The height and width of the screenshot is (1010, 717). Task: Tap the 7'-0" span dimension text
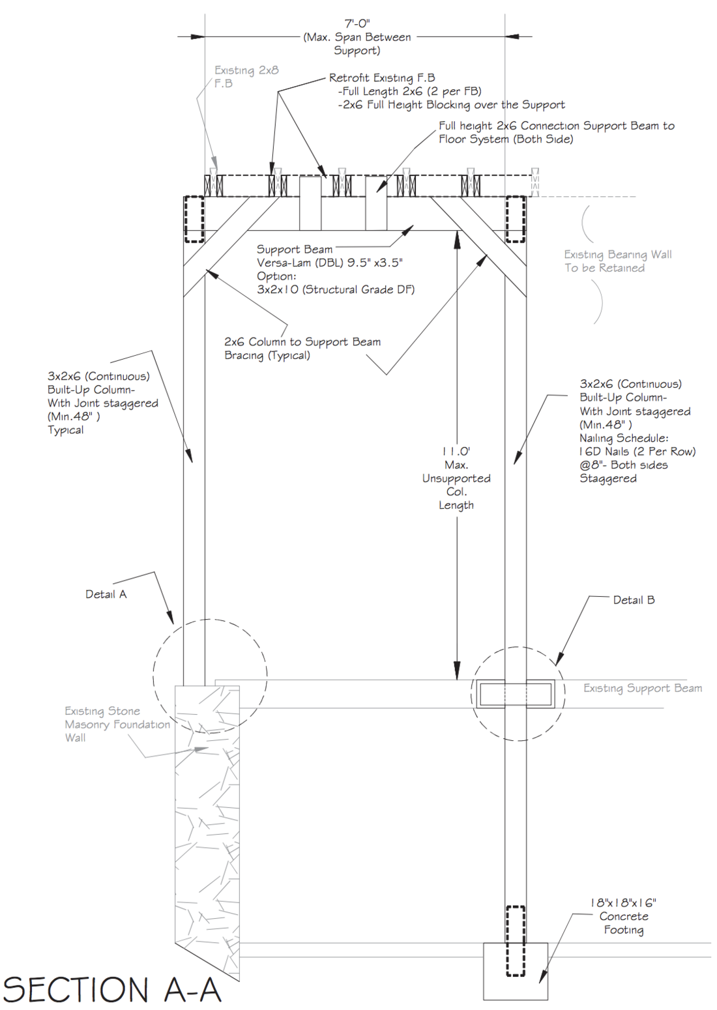pyautogui.click(x=357, y=23)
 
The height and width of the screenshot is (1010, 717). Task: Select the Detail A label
pyautogui.click(x=106, y=594)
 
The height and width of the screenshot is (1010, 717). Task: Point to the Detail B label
pyautogui.click(x=634, y=599)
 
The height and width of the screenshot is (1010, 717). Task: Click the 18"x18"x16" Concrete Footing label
pyautogui.click(x=623, y=916)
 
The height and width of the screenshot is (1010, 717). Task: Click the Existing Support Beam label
pyautogui.click(x=642, y=688)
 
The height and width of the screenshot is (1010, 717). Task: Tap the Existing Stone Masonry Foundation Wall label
pyautogui.click(x=117, y=724)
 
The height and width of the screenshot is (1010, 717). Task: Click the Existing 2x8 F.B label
pyautogui.click(x=246, y=76)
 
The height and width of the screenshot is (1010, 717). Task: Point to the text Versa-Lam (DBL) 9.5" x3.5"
pyautogui.click(x=329, y=263)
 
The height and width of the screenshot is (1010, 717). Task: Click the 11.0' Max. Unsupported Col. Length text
pyautogui.click(x=456, y=478)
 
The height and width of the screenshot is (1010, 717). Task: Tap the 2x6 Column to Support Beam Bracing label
pyautogui.click(x=302, y=348)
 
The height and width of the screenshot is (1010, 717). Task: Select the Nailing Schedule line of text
pyautogui.click(x=624, y=438)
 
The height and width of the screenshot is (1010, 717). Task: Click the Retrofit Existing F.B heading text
pyautogui.click(x=381, y=78)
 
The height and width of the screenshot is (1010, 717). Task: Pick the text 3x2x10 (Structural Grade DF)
pyautogui.click(x=335, y=289)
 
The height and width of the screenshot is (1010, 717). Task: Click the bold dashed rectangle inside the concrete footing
pyautogui.click(x=516, y=941)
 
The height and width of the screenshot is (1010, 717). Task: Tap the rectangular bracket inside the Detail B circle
pyautogui.click(x=516, y=695)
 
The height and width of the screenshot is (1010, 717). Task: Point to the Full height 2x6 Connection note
pyautogui.click(x=556, y=132)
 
